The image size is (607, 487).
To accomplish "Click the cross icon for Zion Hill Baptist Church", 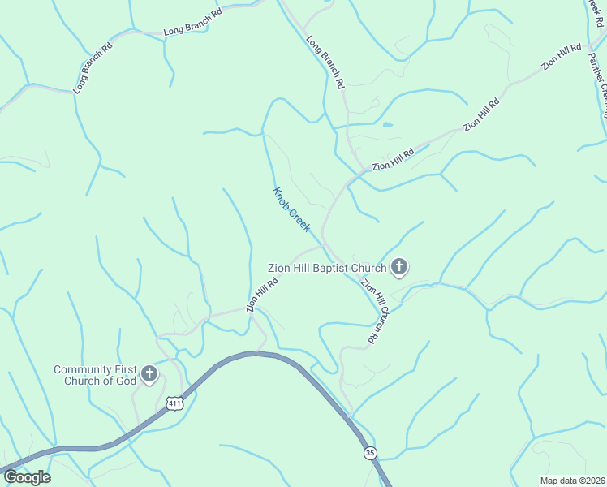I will [x=398, y=266].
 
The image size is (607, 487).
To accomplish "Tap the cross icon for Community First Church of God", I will [x=149, y=374].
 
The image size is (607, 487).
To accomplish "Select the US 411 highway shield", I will [x=175, y=403].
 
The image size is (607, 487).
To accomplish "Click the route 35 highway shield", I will [x=370, y=453].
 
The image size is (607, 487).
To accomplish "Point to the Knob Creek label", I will [x=291, y=209].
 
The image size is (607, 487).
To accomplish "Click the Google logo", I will [x=26, y=477].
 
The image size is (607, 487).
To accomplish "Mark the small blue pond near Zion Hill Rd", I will [x=387, y=125].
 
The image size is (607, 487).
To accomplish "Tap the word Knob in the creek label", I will [x=281, y=196].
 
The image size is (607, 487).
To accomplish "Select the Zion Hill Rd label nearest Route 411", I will [x=263, y=295].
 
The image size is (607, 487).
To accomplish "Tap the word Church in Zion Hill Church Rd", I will [x=378, y=316].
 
